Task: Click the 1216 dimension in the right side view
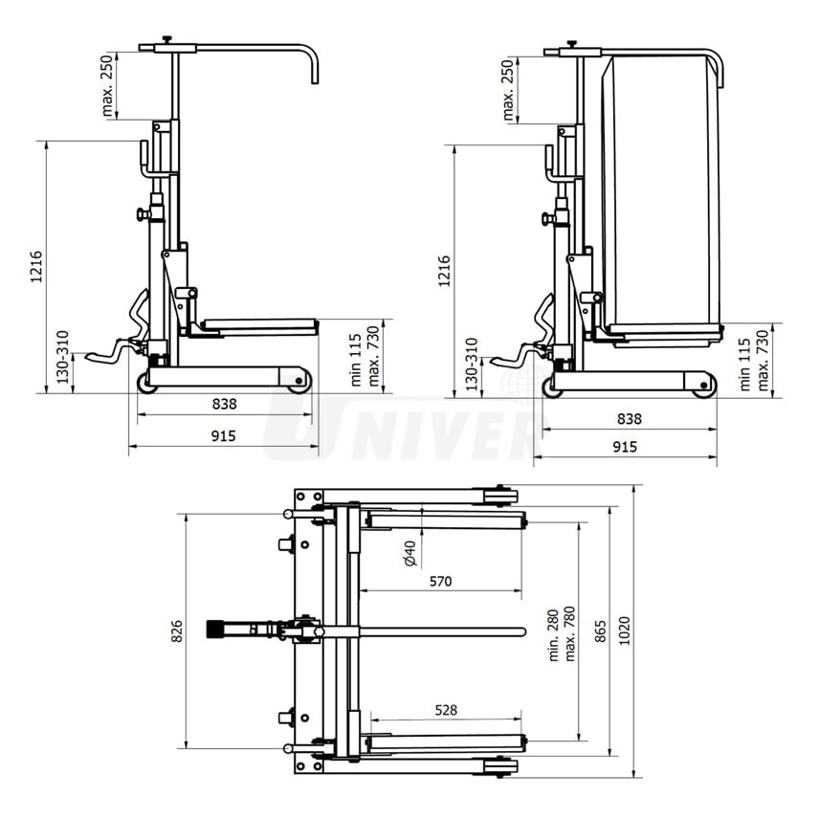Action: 443,271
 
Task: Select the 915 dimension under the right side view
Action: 624,447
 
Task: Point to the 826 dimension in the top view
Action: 177,631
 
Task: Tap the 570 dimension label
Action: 440,580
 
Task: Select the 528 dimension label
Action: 445,710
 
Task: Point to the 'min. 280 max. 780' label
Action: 560,632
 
